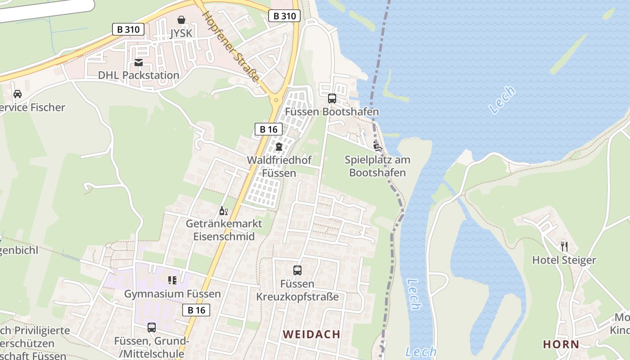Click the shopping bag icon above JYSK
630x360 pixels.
pos(181,20)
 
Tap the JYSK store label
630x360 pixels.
pos(181,33)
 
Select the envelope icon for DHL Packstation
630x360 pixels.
pos(139,62)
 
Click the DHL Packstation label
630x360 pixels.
pos(139,75)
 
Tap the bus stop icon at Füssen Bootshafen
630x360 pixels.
pos(332,99)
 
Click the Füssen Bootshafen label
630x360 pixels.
pos(332,112)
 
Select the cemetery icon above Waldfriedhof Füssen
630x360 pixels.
pos(279,147)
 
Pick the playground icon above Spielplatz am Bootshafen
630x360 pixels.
pos(377,146)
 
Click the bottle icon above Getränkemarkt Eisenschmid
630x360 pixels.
pos(224,211)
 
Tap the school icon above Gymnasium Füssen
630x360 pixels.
pos(172,281)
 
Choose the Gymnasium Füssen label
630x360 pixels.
pos(172,294)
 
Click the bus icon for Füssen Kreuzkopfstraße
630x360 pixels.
pos(297,270)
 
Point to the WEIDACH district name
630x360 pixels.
pos(311,334)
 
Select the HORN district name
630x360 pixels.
pos(561,344)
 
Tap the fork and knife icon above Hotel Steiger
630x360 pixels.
pos(564,247)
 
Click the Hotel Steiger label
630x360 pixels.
pos(564,260)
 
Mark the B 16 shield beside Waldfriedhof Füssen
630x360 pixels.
pos(269,129)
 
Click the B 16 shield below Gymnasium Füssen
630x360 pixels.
pos(196,310)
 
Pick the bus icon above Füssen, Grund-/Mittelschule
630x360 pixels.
pos(152,328)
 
